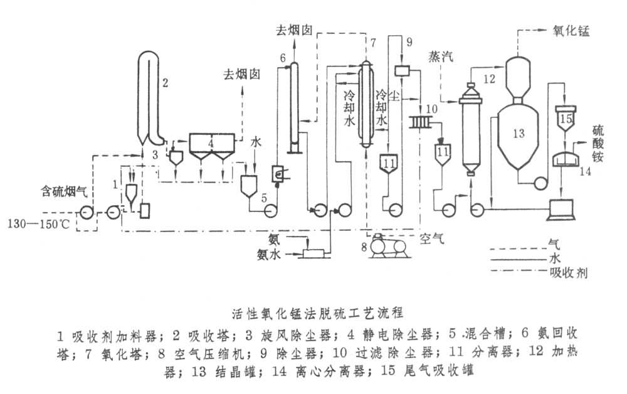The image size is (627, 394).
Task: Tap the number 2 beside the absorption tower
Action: click(166, 81)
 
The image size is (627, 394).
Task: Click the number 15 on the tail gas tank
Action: click(566, 117)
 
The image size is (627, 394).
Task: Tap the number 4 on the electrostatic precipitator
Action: click(211, 143)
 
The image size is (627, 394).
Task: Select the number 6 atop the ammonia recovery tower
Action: click(283, 58)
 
